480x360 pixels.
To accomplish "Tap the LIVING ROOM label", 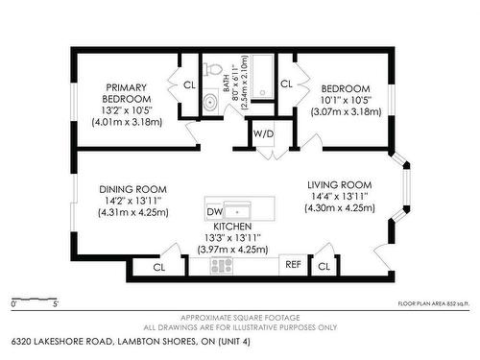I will [x=339, y=184].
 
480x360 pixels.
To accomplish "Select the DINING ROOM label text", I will [x=132, y=189].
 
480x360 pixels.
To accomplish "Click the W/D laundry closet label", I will [x=262, y=134].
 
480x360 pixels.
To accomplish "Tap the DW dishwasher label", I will [x=214, y=211].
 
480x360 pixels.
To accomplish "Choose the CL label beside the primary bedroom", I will [x=189, y=84].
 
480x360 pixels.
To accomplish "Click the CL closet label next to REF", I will [x=324, y=265].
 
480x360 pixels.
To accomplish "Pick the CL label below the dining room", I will [x=159, y=267].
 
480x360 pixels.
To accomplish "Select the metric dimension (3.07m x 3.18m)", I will [x=346, y=111].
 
